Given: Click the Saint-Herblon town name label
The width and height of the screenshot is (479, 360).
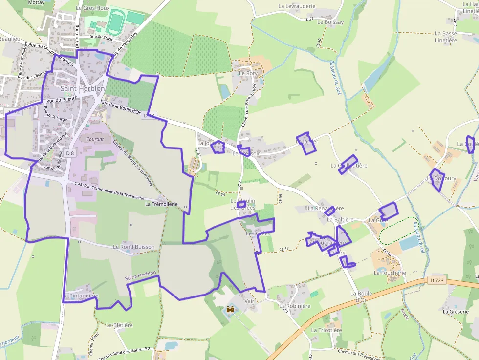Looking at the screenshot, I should coord(82,89).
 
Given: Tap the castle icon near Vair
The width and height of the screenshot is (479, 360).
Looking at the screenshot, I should coord(230,309).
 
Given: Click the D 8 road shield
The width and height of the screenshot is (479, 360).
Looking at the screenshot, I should coord(70,153).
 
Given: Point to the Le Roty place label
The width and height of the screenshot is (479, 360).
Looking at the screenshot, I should coord(248,73).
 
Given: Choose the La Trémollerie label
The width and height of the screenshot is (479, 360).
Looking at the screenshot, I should coord(161,204).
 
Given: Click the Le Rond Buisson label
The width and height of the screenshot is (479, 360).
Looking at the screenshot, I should coord(133,247).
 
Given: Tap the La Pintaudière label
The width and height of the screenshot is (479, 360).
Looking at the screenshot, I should coord(81,296).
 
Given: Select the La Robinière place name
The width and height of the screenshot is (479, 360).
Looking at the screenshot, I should coord(295,306).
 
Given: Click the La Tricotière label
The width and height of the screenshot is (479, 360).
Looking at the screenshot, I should coord(327,330).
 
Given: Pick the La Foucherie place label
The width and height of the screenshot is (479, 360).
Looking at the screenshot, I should coord(390,273).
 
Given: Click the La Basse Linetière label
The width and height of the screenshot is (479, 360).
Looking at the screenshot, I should coord(446,37).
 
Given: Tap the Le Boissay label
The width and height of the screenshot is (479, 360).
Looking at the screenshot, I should coord(330,22).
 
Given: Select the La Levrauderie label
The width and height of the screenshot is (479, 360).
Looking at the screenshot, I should coord(297,6).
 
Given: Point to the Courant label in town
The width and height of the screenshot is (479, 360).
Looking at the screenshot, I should coord(95,139).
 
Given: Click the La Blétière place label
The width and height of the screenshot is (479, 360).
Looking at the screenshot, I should coord(116,325).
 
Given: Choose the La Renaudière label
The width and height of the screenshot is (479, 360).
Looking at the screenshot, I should coord(326,208).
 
